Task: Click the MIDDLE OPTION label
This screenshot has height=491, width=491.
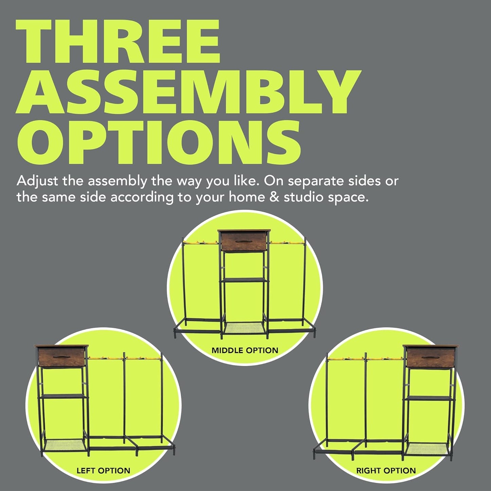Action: [245, 350]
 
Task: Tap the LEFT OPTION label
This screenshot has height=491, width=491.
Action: [103, 471]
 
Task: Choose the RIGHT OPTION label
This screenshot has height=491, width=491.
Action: [386, 471]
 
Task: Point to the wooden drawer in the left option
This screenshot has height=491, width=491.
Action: [61, 357]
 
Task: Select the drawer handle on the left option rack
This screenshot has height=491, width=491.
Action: [61, 357]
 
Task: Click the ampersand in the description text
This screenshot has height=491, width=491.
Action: [274, 197]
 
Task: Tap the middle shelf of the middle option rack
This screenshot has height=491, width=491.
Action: [244, 280]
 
